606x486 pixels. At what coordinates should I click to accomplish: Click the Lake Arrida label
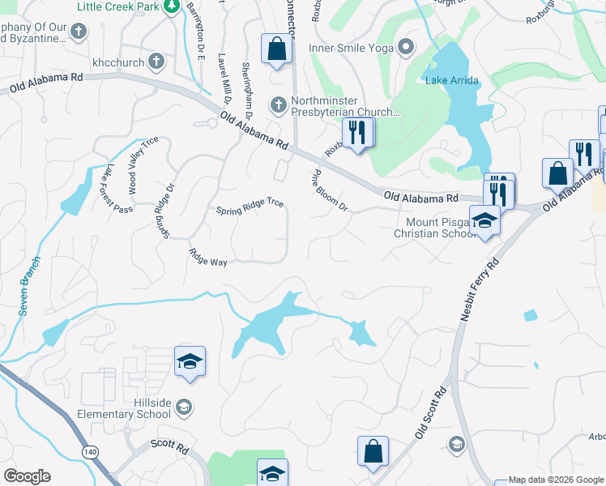coord(452,80)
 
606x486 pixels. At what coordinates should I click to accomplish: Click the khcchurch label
coord(117,62)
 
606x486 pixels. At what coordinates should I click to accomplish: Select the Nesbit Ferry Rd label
coord(478,290)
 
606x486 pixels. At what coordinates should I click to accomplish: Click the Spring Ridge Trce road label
coord(250,207)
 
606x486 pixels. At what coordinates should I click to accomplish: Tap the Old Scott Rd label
coord(431,412)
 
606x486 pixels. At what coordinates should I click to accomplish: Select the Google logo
coord(27,476)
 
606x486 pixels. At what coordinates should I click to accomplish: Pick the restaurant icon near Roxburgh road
coord(356,131)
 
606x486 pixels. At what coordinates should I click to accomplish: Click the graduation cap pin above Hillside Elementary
coord(190,361)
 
